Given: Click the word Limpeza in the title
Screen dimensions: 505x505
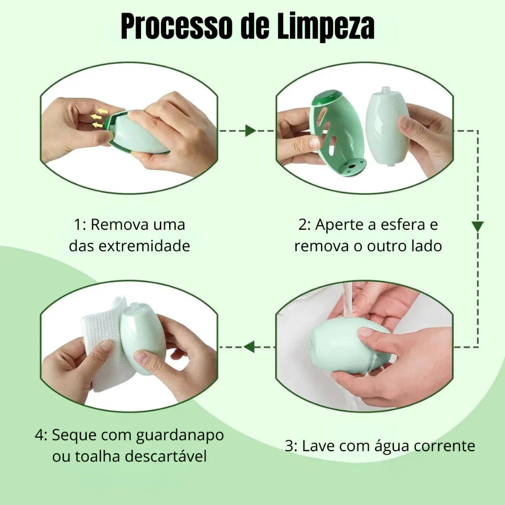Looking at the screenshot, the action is (326, 26).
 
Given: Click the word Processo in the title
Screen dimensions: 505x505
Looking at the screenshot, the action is (177, 26).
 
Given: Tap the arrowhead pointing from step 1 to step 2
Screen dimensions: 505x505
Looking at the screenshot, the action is (250, 130).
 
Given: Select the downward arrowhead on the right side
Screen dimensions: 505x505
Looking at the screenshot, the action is (477, 226).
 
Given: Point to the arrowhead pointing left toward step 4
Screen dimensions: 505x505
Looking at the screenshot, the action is (249, 347).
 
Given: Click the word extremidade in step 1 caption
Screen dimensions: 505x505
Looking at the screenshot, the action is (144, 246).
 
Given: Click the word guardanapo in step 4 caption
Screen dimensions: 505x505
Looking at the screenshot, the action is (180, 435).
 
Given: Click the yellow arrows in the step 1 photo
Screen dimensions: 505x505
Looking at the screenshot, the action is (99, 118).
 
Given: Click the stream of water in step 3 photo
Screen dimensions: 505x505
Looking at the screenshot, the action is (348, 300).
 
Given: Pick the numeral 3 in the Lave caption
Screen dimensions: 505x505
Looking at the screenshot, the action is (289, 447).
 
